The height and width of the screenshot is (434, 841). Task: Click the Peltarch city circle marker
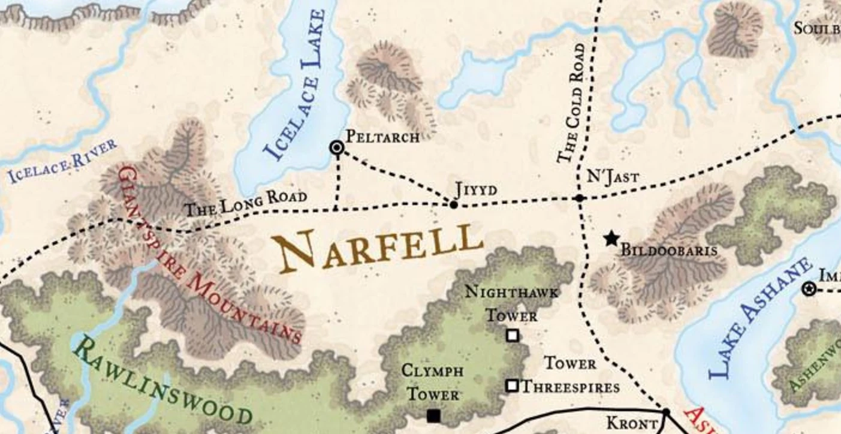pyautogui.click(x=337, y=147)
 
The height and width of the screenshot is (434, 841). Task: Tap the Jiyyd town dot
pyautogui.click(x=454, y=205)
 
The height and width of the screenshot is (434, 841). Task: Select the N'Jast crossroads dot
pyautogui.click(x=579, y=198)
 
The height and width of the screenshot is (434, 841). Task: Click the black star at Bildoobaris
pyautogui.click(x=611, y=239)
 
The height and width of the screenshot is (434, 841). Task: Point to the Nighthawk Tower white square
pyautogui.click(x=513, y=336)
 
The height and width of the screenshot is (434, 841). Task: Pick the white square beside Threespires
pyautogui.click(x=512, y=385)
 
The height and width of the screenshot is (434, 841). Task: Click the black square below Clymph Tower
pyautogui.click(x=433, y=415)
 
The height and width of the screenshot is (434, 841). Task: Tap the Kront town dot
pyautogui.click(x=665, y=412)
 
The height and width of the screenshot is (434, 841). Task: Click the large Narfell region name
pyautogui.click(x=380, y=245)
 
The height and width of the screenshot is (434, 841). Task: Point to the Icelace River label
pyautogui.click(x=62, y=161)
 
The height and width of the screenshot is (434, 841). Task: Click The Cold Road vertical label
pyautogui.click(x=571, y=102)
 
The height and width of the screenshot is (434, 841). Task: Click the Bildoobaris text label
pyautogui.click(x=668, y=250)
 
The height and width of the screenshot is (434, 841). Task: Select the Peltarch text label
pyautogui.click(x=382, y=137)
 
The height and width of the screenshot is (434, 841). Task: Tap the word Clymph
pyautogui.click(x=432, y=370)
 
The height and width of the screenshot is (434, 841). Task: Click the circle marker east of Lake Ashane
pyautogui.click(x=809, y=290)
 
